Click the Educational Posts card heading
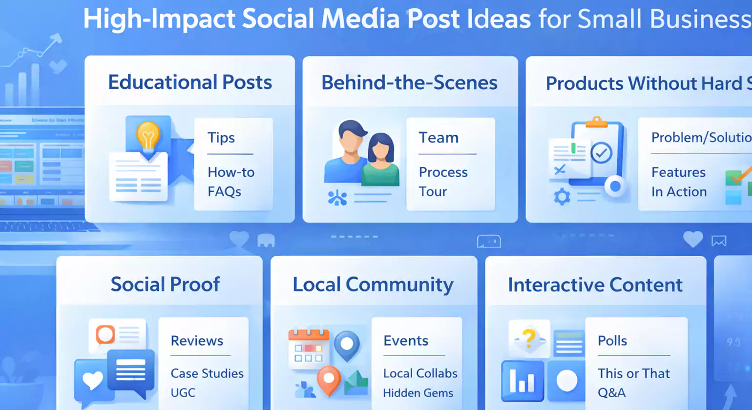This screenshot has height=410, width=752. click(x=190, y=82)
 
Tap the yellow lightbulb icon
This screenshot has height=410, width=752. click(x=148, y=135)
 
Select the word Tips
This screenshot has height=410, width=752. click(x=221, y=138)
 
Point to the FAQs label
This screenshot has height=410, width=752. click(x=224, y=191)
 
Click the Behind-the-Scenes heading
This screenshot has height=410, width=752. click(x=409, y=82)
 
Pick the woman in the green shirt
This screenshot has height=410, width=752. click(x=381, y=161)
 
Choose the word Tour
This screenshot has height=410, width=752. click(x=433, y=191)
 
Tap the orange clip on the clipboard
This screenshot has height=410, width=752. click(x=596, y=122)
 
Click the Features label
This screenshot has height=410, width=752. click(x=678, y=172)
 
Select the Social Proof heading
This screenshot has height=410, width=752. click(x=165, y=284)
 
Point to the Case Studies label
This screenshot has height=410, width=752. click(x=207, y=373)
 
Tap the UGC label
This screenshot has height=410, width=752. click(x=183, y=393)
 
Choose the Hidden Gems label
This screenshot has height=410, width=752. click(x=418, y=393)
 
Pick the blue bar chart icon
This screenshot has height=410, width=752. click(x=522, y=381)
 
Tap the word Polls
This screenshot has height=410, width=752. click(x=612, y=341)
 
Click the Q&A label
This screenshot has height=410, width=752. click(x=611, y=393)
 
